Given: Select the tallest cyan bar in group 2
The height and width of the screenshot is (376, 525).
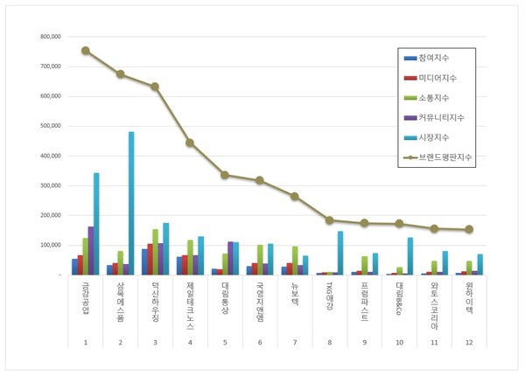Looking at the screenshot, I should point(131,203).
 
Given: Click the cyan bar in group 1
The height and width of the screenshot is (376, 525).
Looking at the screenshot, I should point(96,224).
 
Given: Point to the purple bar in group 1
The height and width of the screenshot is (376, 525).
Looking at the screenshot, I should point(90,250).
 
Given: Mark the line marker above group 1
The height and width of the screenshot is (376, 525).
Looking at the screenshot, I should point(85,51).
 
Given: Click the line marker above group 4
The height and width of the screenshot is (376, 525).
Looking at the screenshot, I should point(190,143).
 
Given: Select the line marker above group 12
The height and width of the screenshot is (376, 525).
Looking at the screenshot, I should point(469,229).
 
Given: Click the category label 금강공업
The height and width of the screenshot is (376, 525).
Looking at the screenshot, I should point(85,300).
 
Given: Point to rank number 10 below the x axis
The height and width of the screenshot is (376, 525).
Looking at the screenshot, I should point(400,342).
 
